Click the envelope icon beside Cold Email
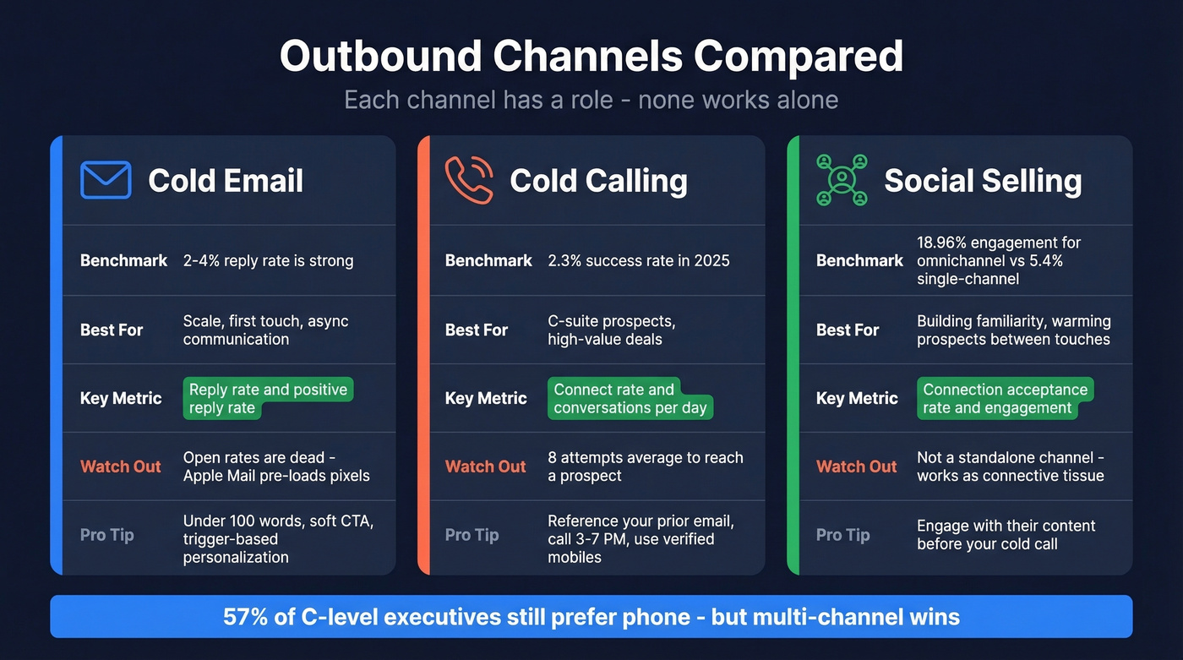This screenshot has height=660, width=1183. (x=106, y=180)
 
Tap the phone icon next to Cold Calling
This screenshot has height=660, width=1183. (x=469, y=180)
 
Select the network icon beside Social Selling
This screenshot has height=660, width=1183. (x=842, y=180)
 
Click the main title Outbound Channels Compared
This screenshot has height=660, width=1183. (x=591, y=57)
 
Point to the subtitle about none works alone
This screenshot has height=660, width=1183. (x=591, y=100)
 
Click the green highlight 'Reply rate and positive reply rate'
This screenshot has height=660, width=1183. (x=267, y=399)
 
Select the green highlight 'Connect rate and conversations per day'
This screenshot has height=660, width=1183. (x=630, y=399)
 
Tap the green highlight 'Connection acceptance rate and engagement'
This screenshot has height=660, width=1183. (x=1005, y=399)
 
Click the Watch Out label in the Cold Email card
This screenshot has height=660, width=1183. (x=120, y=466)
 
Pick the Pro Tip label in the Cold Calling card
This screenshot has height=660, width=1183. (x=472, y=535)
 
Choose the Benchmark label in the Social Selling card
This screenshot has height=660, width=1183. (x=859, y=260)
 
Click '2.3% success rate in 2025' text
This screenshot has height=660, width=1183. (x=638, y=260)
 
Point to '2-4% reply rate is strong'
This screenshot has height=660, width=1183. (x=268, y=260)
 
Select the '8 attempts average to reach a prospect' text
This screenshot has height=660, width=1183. (x=645, y=466)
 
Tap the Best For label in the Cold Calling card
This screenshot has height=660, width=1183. (x=476, y=330)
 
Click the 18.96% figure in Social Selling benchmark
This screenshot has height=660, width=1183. (x=942, y=243)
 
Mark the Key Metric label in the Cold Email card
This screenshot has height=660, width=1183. (x=120, y=398)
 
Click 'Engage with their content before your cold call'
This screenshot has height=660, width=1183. (x=1006, y=535)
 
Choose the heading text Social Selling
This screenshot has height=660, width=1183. (x=983, y=181)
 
